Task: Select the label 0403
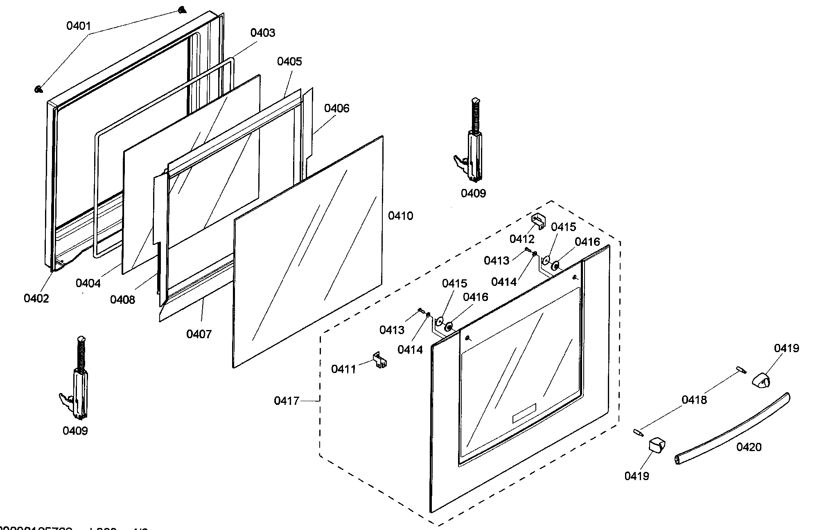pos(263,33)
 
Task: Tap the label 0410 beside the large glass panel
pos(400,216)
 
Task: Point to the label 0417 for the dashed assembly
pos(287,401)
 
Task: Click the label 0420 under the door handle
pos(749,447)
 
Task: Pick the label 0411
pos(343,369)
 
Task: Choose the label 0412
pos(522,239)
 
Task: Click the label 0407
pos(199,334)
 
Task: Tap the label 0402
pos(36,298)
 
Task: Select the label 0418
pos(694,400)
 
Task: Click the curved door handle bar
pos(733,429)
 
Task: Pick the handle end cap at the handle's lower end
pos(656,450)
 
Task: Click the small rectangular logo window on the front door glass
pos(524,413)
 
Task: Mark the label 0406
pos(336,108)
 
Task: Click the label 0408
pos(122,300)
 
